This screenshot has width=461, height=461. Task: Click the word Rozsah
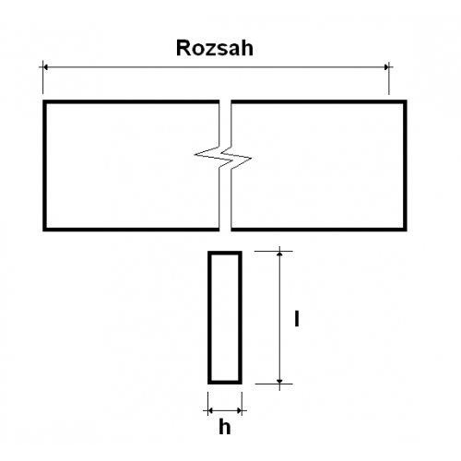point(215,48)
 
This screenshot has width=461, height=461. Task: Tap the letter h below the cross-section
point(225,426)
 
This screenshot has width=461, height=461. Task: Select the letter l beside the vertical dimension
point(297,318)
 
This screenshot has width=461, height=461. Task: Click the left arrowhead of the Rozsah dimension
point(45,67)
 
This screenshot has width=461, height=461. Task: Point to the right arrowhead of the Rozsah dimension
point(386,67)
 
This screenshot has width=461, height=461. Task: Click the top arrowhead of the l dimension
point(279,254)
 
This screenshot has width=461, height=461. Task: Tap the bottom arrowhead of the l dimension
point(279,382)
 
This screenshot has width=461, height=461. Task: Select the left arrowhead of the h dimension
point(210,410)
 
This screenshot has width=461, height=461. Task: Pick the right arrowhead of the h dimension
point(239,410)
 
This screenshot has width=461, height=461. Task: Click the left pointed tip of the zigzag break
point(195,155)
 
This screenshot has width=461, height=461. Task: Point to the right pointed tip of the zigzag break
point(251,159)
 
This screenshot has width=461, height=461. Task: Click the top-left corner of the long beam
point(44,101)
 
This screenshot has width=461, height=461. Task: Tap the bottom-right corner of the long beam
point(406,230)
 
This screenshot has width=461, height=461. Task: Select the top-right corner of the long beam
point(406,101)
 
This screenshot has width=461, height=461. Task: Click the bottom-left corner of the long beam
point(44,230)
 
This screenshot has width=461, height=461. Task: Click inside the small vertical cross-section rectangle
point(225,317)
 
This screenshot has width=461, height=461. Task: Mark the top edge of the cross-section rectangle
point(225,253)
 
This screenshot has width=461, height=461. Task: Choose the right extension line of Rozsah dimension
point(389,78)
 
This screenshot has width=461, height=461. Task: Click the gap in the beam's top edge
point(225,101)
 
